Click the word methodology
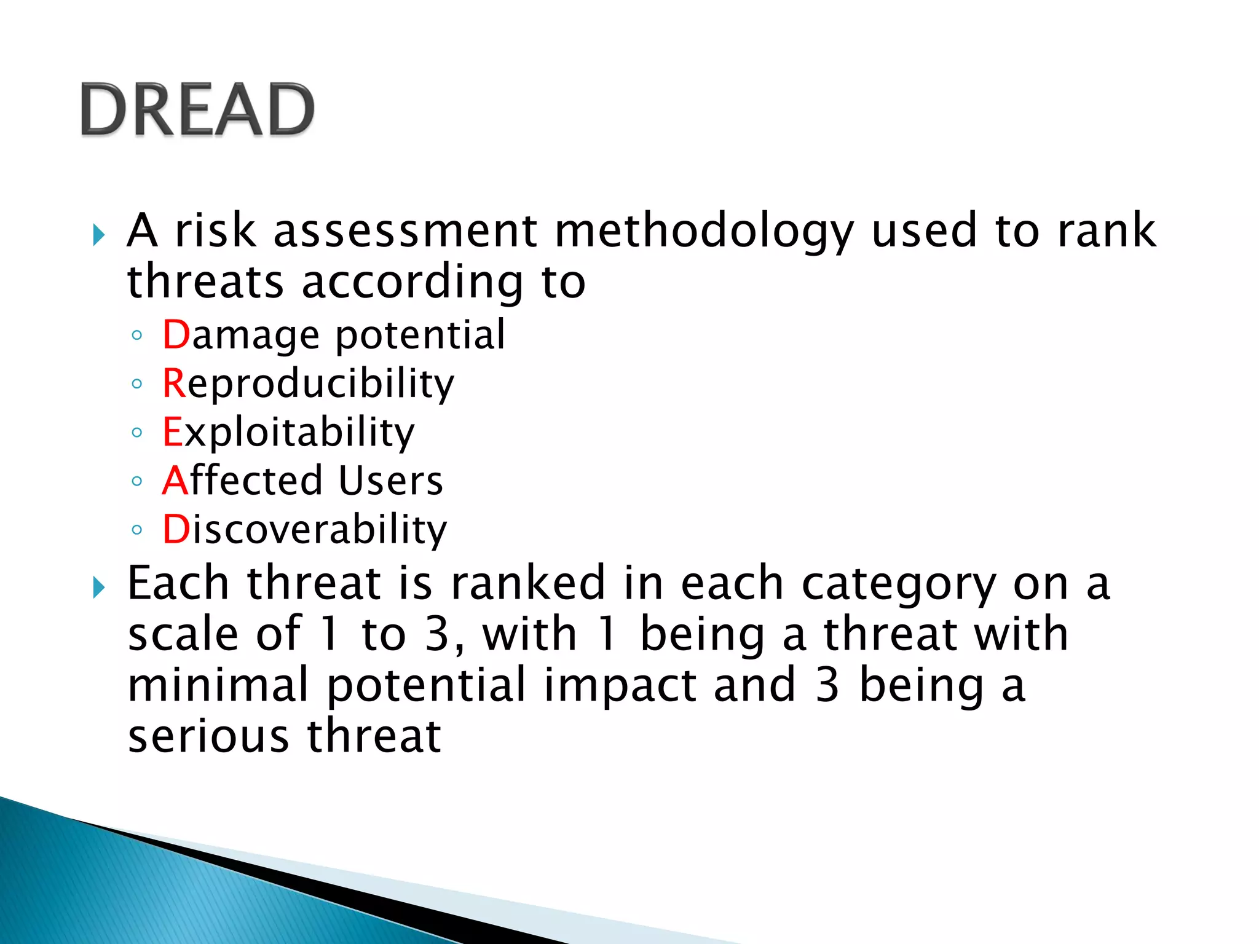point(704,232)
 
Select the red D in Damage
point(176,335)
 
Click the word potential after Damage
point(420,336)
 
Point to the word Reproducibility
point(308,384)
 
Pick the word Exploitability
point(288,432)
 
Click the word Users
point(390,481)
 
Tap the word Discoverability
point(304,529)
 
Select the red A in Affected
point(175,481)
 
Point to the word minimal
point(218,685)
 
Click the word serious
point(208,736)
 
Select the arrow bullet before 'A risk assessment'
point(99,235)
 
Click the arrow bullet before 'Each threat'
point(99,588)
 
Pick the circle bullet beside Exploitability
point(137,433)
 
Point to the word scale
point(183,634)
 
